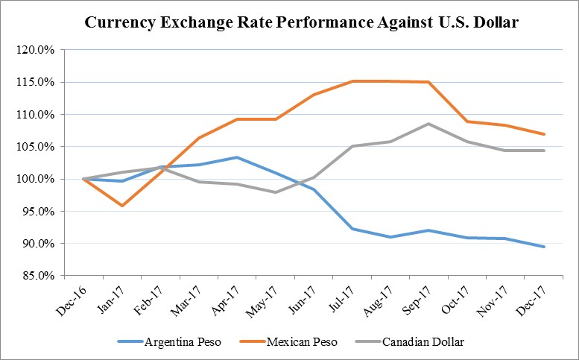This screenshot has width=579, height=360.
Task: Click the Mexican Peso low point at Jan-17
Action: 121,206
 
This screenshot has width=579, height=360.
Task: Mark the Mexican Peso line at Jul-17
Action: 352,81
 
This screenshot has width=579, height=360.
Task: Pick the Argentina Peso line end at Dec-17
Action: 545,247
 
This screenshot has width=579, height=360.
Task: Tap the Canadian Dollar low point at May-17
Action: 275,192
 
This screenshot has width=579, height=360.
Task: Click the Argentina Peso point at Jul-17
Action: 352,229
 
